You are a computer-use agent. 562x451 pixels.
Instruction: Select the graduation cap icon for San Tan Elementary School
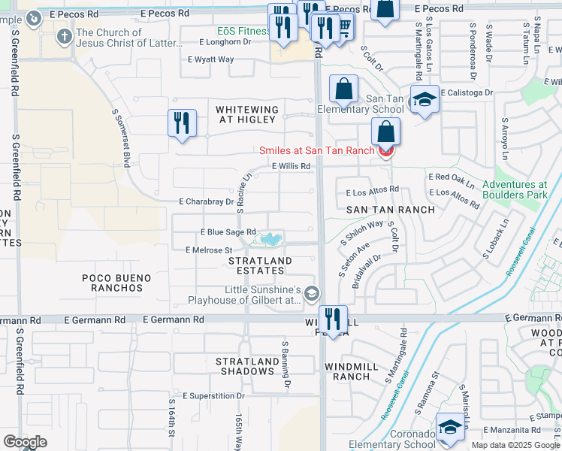pos(425,100)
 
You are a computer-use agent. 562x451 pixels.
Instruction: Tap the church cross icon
pos(65,35)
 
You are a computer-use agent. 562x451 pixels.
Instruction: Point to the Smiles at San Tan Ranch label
pos(316,150)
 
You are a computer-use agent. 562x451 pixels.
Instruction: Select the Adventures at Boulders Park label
pos(515,189)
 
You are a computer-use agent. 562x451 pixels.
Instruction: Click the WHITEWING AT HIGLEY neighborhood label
pos(247,115)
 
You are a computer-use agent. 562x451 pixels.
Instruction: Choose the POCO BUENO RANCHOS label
pos(116,283)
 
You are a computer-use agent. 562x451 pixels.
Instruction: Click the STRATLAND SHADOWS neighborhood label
pos(245,366)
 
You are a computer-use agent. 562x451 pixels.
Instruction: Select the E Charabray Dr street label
pos(206,201)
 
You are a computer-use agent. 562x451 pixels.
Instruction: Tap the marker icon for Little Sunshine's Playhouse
pos(312,293)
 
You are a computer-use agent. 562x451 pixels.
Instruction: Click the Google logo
pos(25,441)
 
